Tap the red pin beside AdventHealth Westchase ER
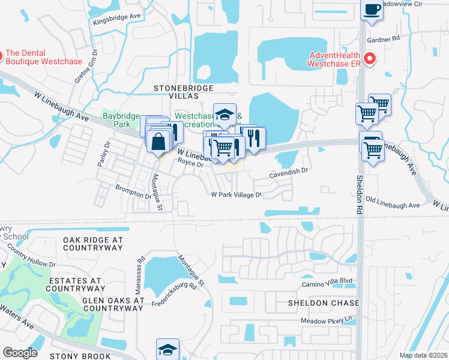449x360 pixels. pos(370,58)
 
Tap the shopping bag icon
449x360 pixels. pos(158,142)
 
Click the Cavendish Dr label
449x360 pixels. pos(288,171)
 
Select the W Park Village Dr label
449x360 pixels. pos(237,195)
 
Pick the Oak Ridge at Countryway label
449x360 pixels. pos(92,243)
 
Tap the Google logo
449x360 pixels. pos(20,353)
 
